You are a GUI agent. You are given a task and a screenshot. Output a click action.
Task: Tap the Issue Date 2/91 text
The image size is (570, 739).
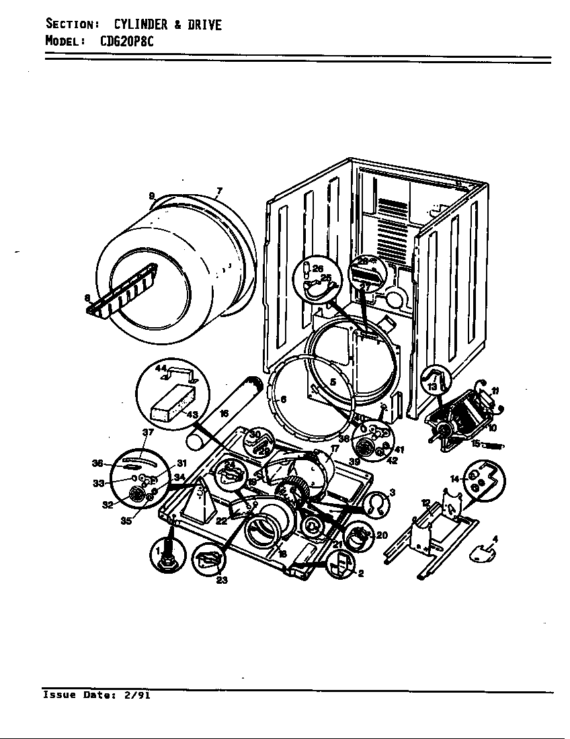pyautogui.click(x=96, y=695)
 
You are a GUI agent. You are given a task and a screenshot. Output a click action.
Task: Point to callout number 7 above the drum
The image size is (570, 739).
pyautogui.click(x=219, y=191)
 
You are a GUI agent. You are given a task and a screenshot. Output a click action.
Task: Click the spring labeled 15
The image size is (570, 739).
pyautogui.click(x=494, y=445)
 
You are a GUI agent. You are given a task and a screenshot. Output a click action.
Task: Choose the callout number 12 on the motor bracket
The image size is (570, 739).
pyautogui.click(x=425, y=503)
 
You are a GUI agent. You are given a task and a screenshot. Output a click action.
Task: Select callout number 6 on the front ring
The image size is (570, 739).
pyautogui.click(x=283, y=399)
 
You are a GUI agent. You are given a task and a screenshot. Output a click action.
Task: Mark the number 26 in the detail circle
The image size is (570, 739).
pyautogui.click(x=318, y=269)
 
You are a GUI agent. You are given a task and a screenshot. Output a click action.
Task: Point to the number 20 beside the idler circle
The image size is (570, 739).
pyautogui.click(x=381, y=535)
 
